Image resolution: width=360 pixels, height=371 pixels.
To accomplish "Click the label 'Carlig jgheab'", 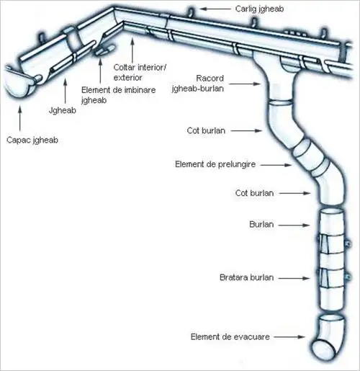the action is pos(259,9).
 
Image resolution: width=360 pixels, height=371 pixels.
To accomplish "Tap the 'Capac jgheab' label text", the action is pos(32,140).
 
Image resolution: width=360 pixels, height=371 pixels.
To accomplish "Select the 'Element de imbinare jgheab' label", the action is pos(119,95).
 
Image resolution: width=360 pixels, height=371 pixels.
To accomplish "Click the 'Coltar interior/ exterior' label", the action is pos(140,72).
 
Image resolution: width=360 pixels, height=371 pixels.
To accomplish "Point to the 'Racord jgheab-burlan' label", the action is pos(198,84).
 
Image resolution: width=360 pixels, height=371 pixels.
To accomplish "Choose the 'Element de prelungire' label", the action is pos(215,164).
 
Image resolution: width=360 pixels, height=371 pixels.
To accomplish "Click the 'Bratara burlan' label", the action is pos(247,277).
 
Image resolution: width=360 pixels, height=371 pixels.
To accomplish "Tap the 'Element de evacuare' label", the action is pos(230,337).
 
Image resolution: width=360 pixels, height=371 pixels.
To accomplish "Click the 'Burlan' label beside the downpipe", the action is pos(261,225).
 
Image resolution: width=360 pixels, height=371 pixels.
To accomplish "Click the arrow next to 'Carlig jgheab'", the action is pos(215,9).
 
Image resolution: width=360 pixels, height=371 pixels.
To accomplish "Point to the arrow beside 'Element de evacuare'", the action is pos(289,337).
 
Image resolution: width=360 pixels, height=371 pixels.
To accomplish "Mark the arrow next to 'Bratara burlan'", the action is pos(294,278).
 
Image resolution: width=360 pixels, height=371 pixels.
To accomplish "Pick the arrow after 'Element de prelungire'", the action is pos(276,165).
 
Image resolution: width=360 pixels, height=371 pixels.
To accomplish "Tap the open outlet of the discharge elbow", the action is pos(323,349).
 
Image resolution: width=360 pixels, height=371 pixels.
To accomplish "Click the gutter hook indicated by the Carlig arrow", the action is pos(191,12).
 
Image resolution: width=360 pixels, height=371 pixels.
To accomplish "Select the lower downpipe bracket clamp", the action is pos(334,278).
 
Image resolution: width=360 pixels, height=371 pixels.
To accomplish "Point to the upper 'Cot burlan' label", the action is pos(206,131).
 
